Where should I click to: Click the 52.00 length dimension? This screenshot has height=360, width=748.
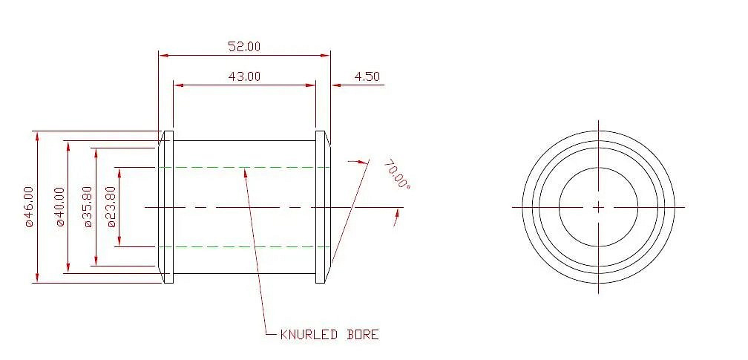[244, 46]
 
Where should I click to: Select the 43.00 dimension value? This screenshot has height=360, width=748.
[244, 76]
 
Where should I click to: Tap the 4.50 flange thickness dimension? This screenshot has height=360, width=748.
[367, 76]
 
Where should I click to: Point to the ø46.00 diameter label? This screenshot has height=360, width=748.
[30, 207]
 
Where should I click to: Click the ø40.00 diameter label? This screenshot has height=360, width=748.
[59, 207]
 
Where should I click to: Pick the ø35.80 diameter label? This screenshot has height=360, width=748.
[88, 207]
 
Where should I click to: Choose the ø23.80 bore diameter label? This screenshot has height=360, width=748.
[111, 207]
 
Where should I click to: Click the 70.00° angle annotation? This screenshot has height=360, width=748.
[397, 174]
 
